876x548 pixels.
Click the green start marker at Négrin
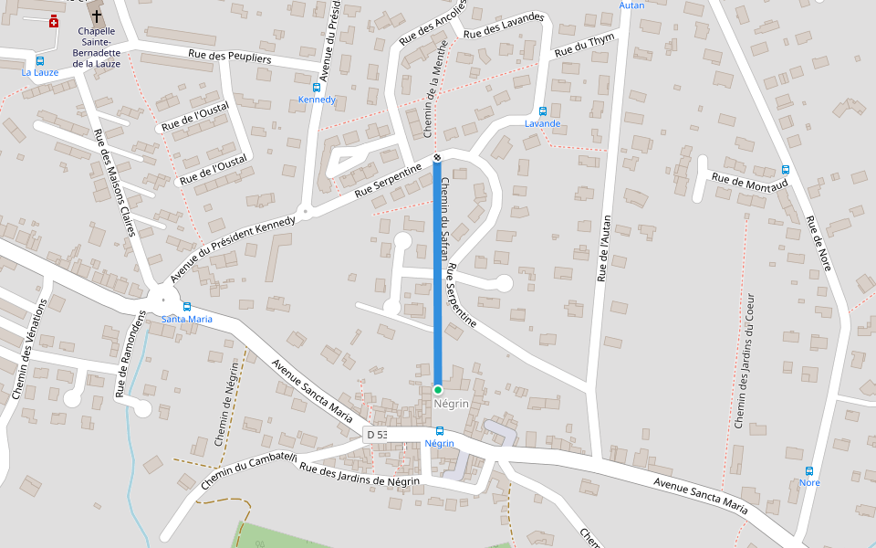coord(438,390)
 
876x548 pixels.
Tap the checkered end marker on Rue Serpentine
coord(437,158)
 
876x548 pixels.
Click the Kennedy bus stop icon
coord(317,88)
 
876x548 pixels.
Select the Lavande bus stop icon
coord(543,111)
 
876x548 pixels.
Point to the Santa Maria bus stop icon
coord(186,307)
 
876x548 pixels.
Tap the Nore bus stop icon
coord(808,470)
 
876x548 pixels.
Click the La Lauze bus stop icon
coord(39,60)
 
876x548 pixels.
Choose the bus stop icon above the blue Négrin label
coord(439,431)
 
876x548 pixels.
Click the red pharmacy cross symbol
coord(54,21)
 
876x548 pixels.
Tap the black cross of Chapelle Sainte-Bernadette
coord(97,16)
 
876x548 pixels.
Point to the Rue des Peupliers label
coord(230,58)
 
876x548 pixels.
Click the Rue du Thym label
coord(586,44)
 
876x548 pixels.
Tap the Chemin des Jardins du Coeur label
coord(745,361)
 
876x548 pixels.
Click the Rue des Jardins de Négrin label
coord(360,475)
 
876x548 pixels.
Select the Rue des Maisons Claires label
coord(115,184)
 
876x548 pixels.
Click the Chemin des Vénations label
coord(28,351)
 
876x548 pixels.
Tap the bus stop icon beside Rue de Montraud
coord(785,170)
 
